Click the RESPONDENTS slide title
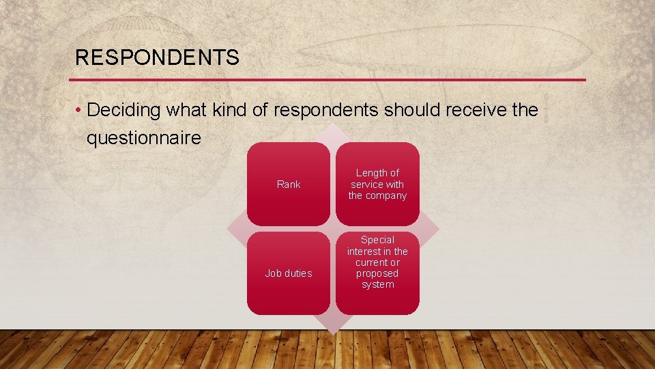[x=157, y=57]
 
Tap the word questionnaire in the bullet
[x=144, y=138]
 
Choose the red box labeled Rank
[x=288, y=184]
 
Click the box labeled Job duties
[x=288, y=273]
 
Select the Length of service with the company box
[x=377, y=184]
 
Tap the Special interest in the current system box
[x=377, y=273]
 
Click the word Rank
[x=289, y=184]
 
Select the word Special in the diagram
[x=377, y=240]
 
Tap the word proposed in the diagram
[x=377, y=273]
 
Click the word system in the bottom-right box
[x=377, y=284]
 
